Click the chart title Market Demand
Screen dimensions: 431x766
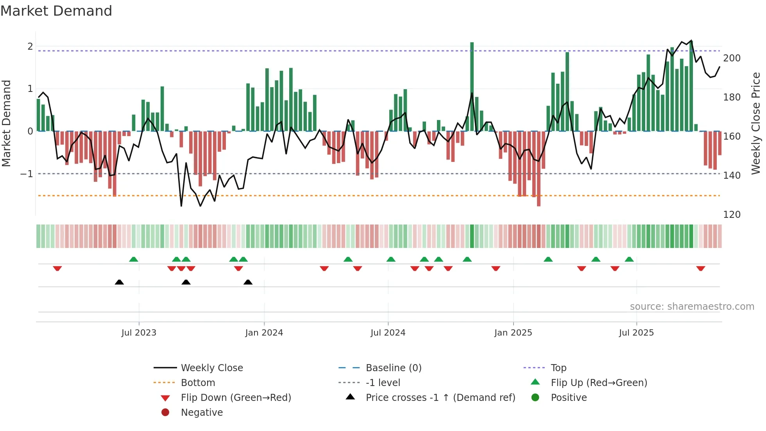pos(56,11)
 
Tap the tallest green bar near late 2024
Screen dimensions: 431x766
pos(472,86)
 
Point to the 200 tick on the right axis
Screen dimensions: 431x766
pos(732,58)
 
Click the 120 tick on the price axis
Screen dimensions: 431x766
pos(732,215)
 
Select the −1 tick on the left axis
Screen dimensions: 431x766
pos(27,174)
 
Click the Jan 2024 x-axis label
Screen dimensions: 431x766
pos(264,333)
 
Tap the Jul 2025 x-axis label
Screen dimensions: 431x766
pos(636,333)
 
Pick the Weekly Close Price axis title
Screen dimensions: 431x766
pos(756,123)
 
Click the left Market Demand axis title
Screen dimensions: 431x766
pos(6,123)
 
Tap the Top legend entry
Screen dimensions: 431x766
pos(558,368)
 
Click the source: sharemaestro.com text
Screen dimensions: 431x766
pos(692,307)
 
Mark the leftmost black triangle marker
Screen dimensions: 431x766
pos(119,282)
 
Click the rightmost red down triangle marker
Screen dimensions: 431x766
pos(700,268)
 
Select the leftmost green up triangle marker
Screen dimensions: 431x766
pos(134,259)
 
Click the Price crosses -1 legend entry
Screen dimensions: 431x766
pos(440,398)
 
